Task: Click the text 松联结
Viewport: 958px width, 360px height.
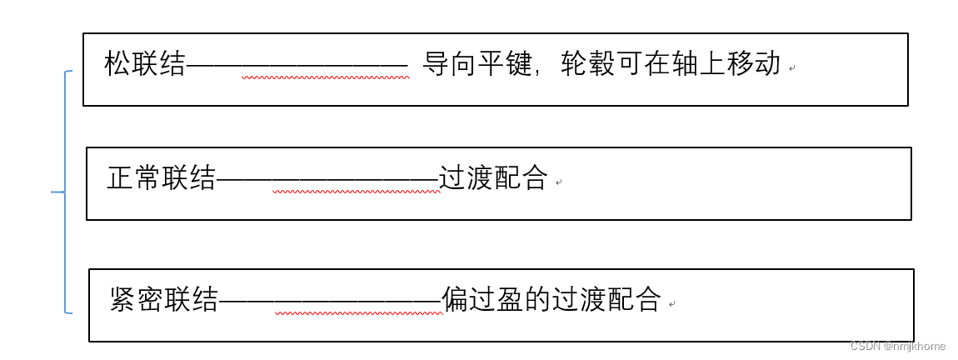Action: tap(145, 64)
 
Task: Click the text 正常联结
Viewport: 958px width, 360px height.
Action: tap(162, 178)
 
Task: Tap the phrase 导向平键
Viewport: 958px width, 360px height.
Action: tap(477, 64)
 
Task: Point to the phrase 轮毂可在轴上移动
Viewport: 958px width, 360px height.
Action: tap(671, 64)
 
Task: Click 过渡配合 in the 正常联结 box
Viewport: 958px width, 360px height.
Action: tap(493, 178)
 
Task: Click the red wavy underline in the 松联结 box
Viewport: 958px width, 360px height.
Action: tap(325, 78)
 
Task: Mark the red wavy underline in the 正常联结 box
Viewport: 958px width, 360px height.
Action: tap(356, 192)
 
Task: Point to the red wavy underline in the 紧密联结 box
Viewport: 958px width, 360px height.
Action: tap(358, 313)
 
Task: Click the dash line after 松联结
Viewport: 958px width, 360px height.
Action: tap(297, 65)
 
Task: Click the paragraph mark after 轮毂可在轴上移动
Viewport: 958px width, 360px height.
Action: tap(791, 67)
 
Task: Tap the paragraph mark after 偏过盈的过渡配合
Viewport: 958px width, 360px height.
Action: tap(671, 304)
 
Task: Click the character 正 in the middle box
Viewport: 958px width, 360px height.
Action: tap(121, 178)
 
